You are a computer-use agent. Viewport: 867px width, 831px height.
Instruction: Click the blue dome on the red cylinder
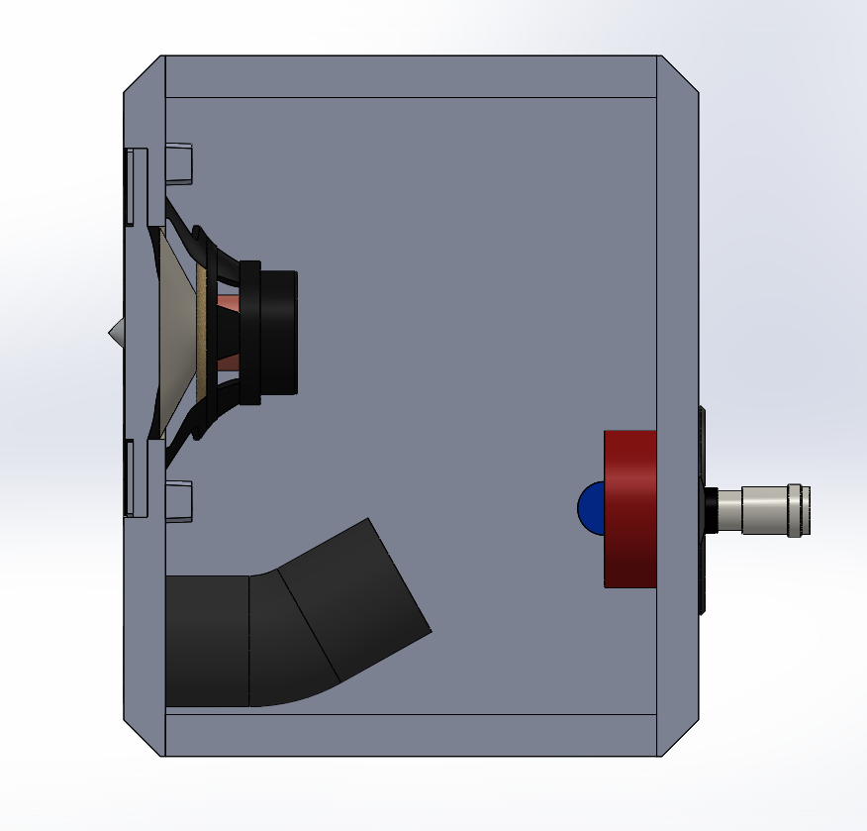(x=590, y=508)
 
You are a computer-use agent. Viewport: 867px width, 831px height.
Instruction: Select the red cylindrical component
(x=630, y=508)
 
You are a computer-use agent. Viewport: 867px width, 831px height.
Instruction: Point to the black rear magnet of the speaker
(x=273, y=333)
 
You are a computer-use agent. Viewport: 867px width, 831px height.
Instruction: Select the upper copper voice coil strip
(x=227, y=301)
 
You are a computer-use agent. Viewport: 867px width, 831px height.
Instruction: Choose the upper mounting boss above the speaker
(x=179, y=163)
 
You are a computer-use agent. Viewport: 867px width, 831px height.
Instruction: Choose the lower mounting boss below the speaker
(x=179, y=501)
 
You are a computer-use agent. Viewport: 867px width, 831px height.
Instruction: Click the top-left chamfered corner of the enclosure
(x=144, y=74)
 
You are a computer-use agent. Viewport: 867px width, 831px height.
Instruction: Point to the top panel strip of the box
(x=411, y=76)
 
